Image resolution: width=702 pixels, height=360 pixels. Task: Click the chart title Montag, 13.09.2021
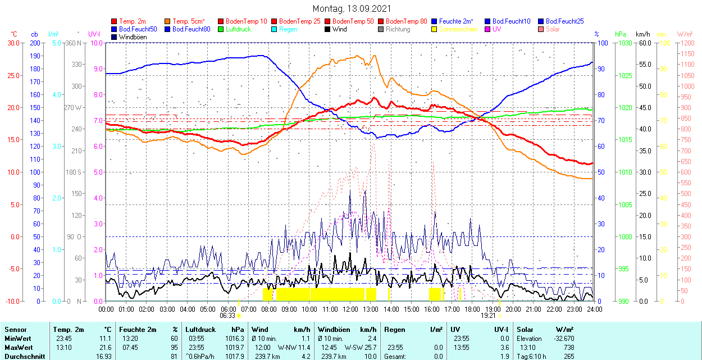[352, 9]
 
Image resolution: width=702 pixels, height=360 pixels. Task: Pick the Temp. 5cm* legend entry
[189, 21]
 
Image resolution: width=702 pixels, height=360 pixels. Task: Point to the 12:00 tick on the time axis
[350, 309]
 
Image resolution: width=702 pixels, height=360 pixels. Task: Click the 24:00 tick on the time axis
[594, 309]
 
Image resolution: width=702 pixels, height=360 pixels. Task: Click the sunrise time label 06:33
[228, 316]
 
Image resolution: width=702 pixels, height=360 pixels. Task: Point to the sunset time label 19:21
[487, 316]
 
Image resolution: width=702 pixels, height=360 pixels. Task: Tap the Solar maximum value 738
[569, 347]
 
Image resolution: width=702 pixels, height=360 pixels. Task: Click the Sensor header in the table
[15, 330]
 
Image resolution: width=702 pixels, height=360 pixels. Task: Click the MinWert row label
[18, 339]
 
